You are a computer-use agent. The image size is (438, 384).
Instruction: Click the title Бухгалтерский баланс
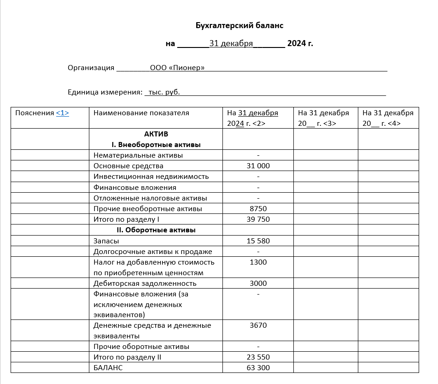239,25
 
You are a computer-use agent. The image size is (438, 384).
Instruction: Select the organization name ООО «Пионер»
177,68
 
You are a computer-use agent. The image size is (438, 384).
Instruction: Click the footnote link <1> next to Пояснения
63,112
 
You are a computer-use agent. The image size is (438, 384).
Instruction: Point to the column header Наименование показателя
141,112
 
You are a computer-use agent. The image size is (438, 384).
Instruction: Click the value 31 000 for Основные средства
258,166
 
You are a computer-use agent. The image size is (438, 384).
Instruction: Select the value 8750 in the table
258,209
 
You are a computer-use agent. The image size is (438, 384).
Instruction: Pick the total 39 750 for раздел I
258,219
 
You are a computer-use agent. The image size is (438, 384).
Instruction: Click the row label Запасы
106,241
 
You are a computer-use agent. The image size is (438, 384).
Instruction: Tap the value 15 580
258,241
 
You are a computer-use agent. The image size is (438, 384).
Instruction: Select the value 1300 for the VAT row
258,262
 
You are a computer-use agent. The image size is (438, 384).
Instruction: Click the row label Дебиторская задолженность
145,284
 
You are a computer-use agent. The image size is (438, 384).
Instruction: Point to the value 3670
258,325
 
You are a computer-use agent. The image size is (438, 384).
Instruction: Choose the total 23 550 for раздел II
258,357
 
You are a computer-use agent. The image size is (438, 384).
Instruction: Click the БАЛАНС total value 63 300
258,368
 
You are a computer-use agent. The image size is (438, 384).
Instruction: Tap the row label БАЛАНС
108,368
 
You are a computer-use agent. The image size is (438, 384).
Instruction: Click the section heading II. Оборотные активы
156,230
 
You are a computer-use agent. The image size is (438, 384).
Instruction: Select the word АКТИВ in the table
156,134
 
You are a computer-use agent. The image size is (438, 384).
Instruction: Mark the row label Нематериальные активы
138,155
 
